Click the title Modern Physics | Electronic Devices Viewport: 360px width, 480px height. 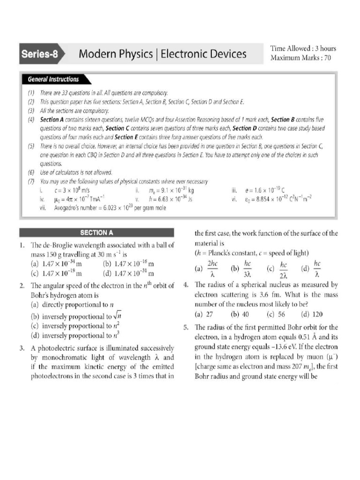tap(162, 54)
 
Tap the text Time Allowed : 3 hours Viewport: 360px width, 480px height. tap(303, 49)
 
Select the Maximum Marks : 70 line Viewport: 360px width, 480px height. tap(300, 58)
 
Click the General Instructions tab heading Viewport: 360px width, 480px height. tap(53, 79)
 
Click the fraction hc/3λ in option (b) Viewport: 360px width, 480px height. tap(248, 269)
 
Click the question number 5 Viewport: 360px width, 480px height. tap(186, 327)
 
